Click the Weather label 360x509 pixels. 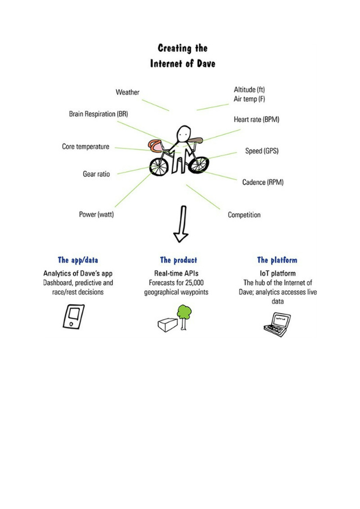pos(127,92)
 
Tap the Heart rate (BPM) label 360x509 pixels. pos(256,119)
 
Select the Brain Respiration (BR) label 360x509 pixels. pos(98,114)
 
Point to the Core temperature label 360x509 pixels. pos(85,146)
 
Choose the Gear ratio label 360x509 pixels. pos(96,174)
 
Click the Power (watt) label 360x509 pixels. pos(96,214)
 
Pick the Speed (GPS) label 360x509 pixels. pos(262,151)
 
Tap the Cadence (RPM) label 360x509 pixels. pos(263,182)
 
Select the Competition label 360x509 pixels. pos(244,215)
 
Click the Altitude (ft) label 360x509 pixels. pos(249,89)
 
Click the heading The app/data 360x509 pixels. pos(78,260)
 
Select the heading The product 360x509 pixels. pos(178,260)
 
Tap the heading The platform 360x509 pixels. pos(277,260)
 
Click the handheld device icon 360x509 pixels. pos(73,316)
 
